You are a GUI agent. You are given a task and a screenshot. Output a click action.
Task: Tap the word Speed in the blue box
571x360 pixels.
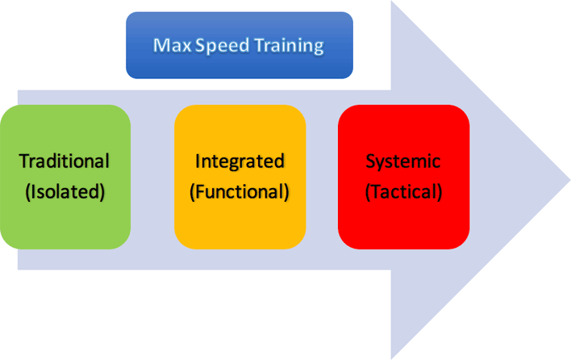[211, 46]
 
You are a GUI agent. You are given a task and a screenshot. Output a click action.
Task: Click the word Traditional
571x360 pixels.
[65, 161]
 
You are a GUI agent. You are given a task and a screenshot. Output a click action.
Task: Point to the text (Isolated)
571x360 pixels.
[65, 193]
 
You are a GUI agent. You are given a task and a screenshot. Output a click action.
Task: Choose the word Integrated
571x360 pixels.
[240, 161]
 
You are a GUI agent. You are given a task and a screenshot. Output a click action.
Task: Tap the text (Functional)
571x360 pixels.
[240, 193]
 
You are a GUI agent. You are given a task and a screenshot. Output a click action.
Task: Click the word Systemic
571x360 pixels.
[403, 161]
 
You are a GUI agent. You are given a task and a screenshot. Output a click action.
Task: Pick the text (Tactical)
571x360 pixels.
[403, 193]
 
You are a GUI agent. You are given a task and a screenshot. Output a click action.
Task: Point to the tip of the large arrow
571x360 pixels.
[568, 179]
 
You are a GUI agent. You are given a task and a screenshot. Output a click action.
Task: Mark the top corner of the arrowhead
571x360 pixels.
[392, 2]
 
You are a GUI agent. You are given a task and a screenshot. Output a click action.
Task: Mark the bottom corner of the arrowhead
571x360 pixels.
[392, 357]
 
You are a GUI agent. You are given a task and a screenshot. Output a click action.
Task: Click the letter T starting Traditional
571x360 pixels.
[24, 161]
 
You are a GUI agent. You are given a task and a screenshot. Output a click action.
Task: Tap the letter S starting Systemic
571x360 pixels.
[371, 161]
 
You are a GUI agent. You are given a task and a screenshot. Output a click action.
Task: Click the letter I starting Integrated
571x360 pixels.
[198, 161]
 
